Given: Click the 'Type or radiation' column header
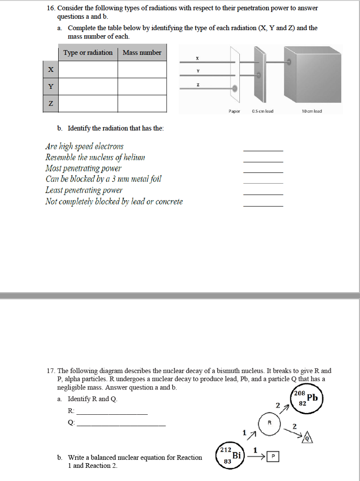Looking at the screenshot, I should (x=88, y=53).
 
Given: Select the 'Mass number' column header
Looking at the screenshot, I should (x=142, y=53).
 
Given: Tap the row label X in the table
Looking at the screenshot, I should (x=51, y=70).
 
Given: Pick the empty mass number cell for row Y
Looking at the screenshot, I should (x=142, y=86).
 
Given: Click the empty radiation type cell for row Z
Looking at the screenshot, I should (x=88, y=104).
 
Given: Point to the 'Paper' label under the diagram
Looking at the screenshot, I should (x=234, y=111).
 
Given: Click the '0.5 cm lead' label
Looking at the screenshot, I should (x=262, y=111).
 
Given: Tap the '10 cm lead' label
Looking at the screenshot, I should (x=312, y=111).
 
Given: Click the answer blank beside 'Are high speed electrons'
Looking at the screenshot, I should (x=263, y=149).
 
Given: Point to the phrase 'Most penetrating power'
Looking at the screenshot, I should (x=83, y=168).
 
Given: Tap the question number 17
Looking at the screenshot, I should (x=51, y=371).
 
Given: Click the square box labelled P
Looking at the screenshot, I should (x=273, y=456).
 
